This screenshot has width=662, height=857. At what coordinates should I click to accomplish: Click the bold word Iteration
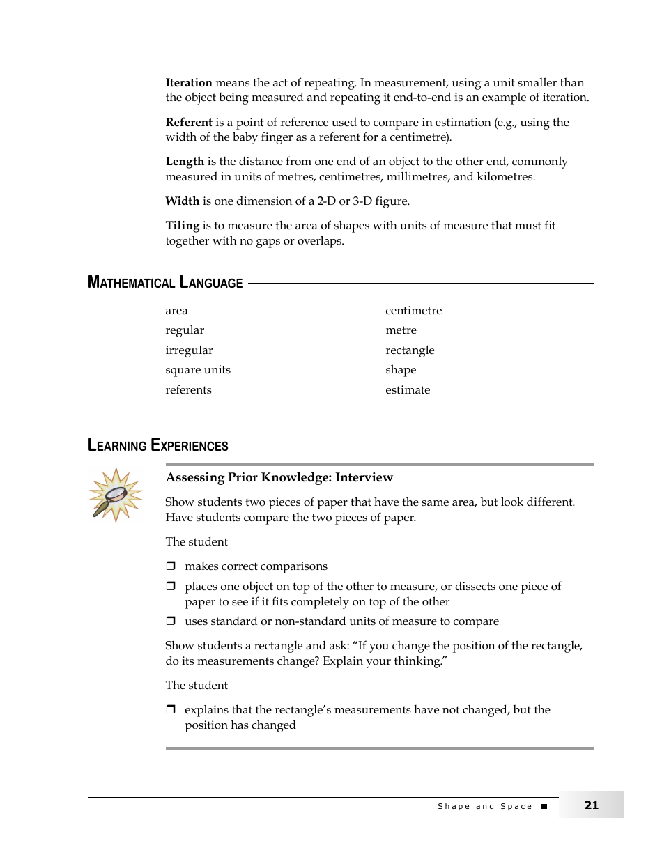tap(189, 83)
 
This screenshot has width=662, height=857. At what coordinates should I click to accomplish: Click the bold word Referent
tap(189, 123)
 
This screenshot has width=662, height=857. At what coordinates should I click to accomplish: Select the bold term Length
tap(185, 162)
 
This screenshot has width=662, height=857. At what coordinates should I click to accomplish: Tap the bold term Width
tap(183, 201)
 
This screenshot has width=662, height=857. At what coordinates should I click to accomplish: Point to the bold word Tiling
tap(183, 226)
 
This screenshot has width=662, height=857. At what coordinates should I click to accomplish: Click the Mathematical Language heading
tap(165, 283)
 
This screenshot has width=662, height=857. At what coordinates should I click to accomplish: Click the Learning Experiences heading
tap(158, 446)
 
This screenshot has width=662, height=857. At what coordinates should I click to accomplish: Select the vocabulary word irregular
tap(189, 350)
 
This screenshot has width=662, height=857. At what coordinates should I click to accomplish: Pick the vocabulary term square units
tap(198, 370)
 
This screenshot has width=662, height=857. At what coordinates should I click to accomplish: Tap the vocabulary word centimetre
tap(413, 311)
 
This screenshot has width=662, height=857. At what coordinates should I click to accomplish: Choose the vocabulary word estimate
tap(408, 390)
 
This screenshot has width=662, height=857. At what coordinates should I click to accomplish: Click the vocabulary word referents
tap(188, 390)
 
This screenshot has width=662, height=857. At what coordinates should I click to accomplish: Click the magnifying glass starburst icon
tap(115, 495)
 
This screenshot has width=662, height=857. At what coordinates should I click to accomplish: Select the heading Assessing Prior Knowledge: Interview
tap(279, 477)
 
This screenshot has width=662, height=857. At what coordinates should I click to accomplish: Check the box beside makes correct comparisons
tap(170, 566)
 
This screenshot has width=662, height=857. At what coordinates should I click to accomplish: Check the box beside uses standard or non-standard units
tap(170, 621)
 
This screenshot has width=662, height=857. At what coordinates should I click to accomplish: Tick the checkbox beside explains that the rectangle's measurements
tap(170, 710)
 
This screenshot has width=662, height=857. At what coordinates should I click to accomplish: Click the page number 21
tap(592, 805)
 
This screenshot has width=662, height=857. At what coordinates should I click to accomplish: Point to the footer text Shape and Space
tap(485, 806)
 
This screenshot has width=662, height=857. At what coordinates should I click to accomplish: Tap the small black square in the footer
tap(544, 806)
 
